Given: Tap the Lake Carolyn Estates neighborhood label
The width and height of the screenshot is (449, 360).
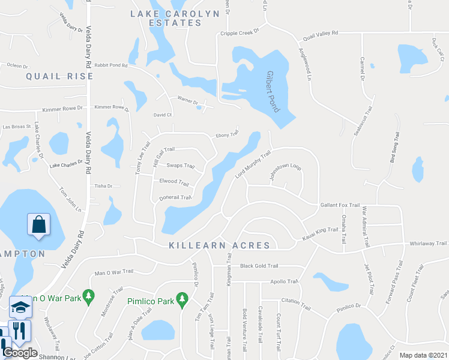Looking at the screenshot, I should coord(166,17).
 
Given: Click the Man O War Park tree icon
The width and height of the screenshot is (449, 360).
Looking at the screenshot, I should coord(89,296).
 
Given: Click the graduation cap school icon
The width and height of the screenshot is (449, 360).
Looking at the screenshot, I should coord(20,308).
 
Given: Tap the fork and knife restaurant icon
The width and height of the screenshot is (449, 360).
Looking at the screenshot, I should coord(20,331).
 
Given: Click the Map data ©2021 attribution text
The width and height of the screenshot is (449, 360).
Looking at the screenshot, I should coord(423,355).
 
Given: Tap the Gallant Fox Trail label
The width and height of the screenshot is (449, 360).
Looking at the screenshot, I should coord(339,205).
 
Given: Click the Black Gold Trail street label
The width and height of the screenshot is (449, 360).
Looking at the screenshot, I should coord(259,266).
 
